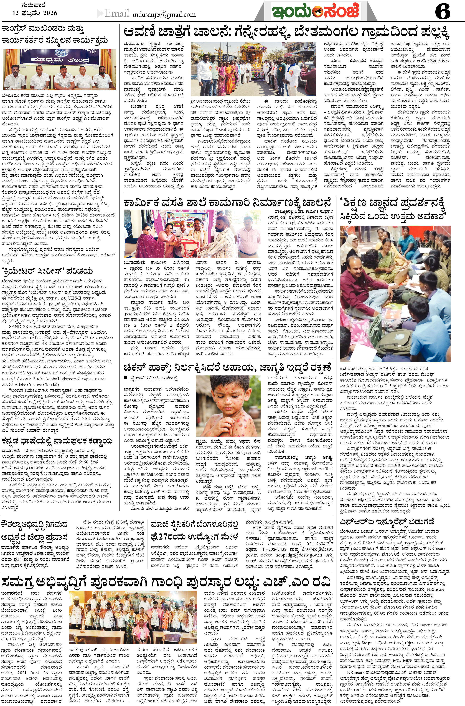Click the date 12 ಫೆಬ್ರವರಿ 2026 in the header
35,13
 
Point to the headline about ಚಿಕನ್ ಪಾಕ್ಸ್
227,368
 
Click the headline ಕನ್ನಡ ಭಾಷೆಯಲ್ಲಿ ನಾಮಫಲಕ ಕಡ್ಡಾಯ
57,441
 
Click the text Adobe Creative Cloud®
35,384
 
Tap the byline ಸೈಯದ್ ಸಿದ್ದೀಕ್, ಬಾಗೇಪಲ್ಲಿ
154,378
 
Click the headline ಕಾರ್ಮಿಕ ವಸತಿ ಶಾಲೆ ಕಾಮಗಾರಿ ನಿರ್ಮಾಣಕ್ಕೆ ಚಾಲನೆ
227,203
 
